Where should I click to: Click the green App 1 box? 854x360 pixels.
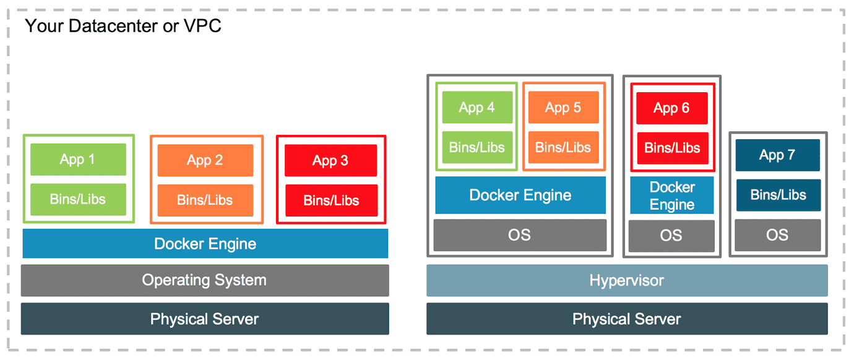78,160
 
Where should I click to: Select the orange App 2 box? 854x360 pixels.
205,161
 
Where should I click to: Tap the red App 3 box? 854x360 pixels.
330,161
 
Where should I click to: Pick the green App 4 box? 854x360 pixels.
477,108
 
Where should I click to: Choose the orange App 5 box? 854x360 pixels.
563,108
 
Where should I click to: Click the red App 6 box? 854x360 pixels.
671,108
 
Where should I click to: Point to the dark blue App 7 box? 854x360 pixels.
777,155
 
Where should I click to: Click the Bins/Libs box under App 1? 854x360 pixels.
78,199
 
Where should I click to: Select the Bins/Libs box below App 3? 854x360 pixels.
330,200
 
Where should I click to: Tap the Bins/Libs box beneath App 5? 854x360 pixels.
563,147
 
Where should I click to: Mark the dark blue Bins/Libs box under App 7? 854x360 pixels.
778,195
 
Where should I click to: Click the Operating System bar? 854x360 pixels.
205,280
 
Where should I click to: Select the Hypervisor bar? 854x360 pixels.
626,281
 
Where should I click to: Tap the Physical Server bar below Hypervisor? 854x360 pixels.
626,319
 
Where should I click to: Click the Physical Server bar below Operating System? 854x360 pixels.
205,319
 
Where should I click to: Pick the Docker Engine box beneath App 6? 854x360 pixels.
671,195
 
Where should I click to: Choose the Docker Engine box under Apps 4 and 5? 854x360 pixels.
520,195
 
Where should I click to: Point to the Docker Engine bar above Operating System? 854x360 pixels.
205,244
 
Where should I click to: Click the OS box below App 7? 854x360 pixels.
777,235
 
